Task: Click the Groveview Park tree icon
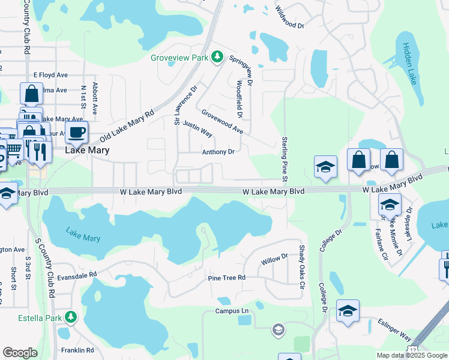tap(217, 58)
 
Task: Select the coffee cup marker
tap(76, 132)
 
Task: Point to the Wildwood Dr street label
tap(289, 17)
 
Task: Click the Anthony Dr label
tap(218, 152)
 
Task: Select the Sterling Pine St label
tap(285, 157)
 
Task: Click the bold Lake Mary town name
tap(87, 151)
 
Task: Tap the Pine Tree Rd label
tap(226, 278)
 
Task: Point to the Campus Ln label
tap(232, 311)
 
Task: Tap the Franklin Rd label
tap(77, 350)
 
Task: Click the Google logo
tap(20, 352)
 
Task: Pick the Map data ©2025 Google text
tap(411, 355)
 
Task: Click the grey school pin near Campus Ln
tap(278, 329)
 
